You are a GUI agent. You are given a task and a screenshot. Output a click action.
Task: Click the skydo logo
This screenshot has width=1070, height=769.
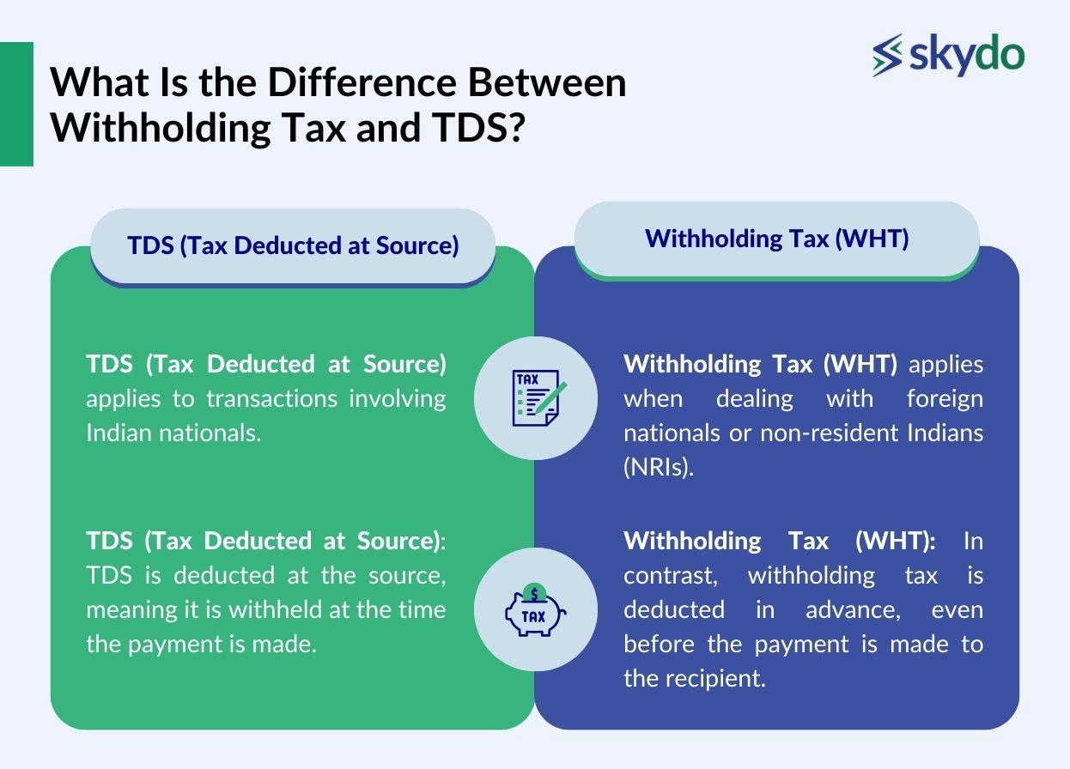948,55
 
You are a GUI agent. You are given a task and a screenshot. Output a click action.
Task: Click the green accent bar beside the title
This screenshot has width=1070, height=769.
16,104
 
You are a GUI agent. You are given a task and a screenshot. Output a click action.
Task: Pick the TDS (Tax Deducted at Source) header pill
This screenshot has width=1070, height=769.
293,245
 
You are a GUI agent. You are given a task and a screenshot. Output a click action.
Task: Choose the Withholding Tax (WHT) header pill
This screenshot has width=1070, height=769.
776,239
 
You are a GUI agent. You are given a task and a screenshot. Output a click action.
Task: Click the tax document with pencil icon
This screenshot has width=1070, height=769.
536,397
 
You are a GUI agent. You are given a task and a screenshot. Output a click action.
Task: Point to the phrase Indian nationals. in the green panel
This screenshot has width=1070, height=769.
173,433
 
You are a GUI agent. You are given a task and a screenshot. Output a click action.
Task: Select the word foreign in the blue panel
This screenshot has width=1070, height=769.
945,398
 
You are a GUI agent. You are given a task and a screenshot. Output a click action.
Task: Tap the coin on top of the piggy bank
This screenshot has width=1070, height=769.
535,592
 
